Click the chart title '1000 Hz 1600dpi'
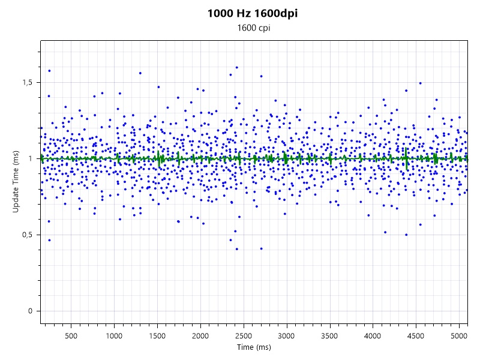252,13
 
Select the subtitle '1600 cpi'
252,28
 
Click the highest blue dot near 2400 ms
237,68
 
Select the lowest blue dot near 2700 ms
261,248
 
